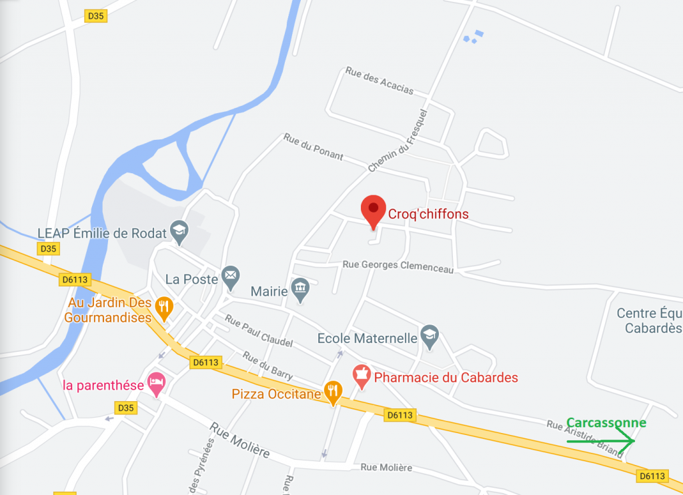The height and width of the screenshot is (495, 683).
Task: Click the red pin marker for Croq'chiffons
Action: (374, 210)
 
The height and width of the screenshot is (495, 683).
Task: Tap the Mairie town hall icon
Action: (300, 290)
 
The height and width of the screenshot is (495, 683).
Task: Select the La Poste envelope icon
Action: (231, 277)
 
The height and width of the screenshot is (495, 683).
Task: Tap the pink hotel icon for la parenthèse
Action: (156, 384)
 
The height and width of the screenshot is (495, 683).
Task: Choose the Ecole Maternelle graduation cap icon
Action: (430, 337)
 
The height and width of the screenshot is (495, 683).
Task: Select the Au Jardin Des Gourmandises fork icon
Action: (163, 307)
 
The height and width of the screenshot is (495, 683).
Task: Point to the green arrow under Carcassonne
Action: (600, 440)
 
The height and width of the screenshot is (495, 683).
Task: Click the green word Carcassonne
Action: (606, 423)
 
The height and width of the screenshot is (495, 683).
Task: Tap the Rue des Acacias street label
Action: (380, 81)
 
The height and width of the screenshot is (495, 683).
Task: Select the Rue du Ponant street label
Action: (313, 147)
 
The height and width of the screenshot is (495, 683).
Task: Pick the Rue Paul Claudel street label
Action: (259, 331)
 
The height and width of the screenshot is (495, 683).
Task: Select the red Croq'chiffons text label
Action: (428, 215)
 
